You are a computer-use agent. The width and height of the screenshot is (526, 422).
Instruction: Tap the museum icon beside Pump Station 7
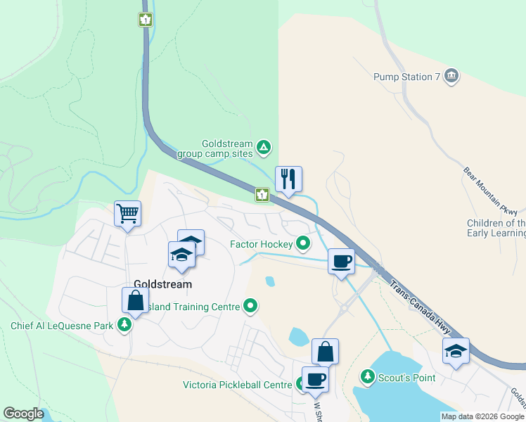[451, 76]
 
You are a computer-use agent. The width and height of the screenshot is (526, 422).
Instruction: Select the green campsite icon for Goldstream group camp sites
[263, 147]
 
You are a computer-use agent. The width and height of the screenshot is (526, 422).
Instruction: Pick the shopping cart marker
[127, 213]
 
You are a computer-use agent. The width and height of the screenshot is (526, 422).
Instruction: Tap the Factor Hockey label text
[261, 244]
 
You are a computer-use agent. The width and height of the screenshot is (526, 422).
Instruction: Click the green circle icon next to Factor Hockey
[303, 244]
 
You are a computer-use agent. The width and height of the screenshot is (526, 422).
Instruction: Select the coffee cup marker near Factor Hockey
[341, 261]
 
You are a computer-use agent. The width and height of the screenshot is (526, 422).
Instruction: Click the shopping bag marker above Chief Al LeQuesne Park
[135, 300]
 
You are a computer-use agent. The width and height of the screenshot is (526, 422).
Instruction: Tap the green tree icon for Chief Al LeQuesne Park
[124, 325]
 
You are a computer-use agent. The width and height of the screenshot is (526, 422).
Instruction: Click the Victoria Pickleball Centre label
[237, 385]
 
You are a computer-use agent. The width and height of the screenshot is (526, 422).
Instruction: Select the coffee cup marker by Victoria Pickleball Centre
[315, 379]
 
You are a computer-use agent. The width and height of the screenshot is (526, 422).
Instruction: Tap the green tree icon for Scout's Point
[367, 377]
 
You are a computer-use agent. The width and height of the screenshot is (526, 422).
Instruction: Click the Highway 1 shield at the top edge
[145, 20]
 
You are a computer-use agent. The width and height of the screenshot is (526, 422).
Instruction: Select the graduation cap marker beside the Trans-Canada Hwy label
[456, 351]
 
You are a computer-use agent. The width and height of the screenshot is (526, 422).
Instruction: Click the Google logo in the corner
[23, 414]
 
